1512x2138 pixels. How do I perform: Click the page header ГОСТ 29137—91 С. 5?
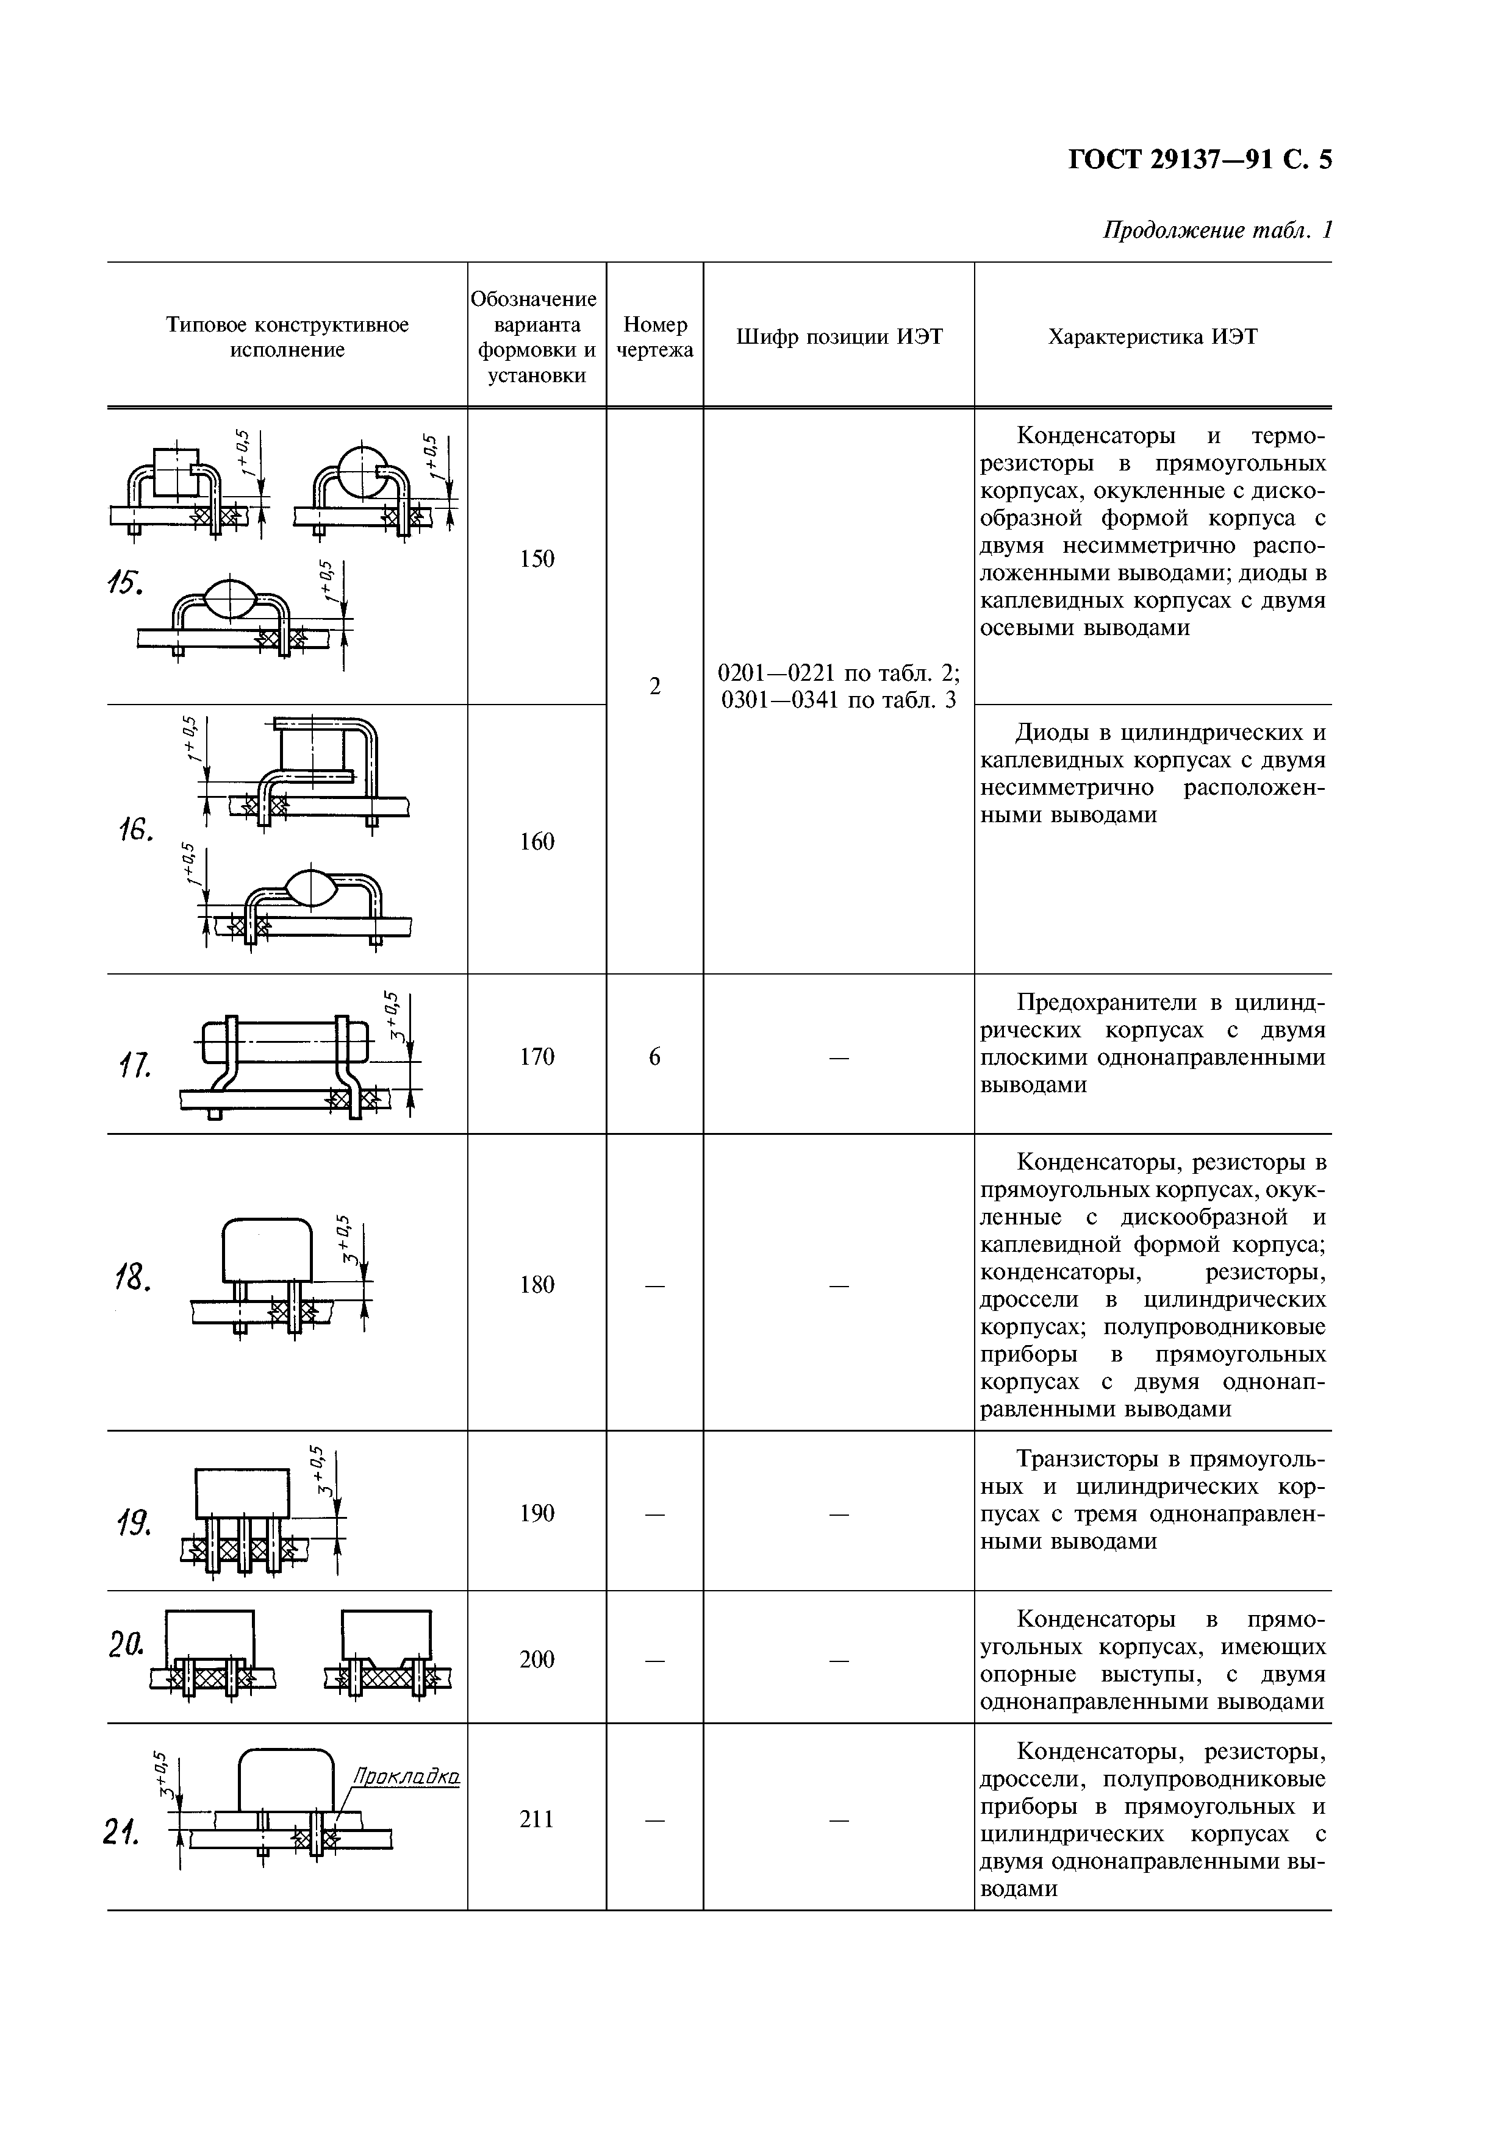point(1199,160)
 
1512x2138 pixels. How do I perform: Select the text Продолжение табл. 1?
point(1217,230)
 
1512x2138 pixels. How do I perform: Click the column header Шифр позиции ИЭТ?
point(839,337)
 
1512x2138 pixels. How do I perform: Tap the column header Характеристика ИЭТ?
point(1152,337)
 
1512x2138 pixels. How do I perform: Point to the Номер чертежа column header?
point(655,337)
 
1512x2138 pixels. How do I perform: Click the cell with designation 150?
point(537,559)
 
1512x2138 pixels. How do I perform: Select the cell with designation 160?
point(537,842)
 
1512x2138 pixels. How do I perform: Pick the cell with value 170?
point(537,1056)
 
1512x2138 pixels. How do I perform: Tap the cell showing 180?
point(537,1285)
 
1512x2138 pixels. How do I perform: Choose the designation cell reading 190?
point(537,1513)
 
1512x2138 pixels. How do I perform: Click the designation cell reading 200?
point(537,1660)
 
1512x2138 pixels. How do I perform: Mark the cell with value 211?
point(537,1819)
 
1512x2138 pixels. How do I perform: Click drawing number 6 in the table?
point(655,1056)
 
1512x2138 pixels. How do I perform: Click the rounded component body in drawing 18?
point(267,1251)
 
